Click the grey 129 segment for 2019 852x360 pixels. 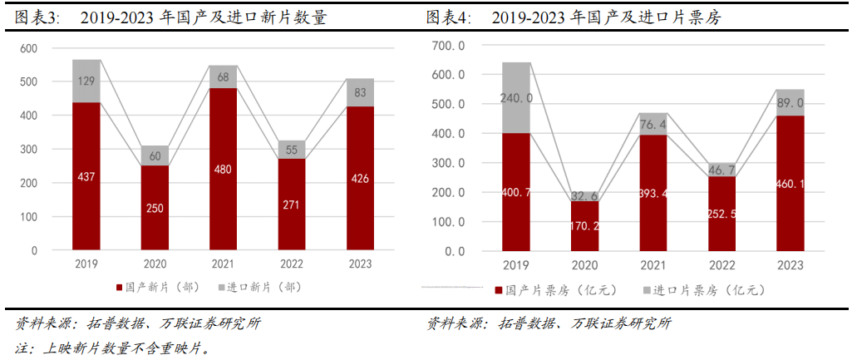(86, 81)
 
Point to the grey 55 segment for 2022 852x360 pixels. (292, 150)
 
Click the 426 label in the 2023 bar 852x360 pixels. (360, 178)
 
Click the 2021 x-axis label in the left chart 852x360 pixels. (224, 264)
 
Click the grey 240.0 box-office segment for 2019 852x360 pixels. (516, 97)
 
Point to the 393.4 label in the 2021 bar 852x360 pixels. (653, 193)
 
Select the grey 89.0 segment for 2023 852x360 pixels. (790, 102)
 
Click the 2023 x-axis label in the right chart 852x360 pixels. (790, 265)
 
